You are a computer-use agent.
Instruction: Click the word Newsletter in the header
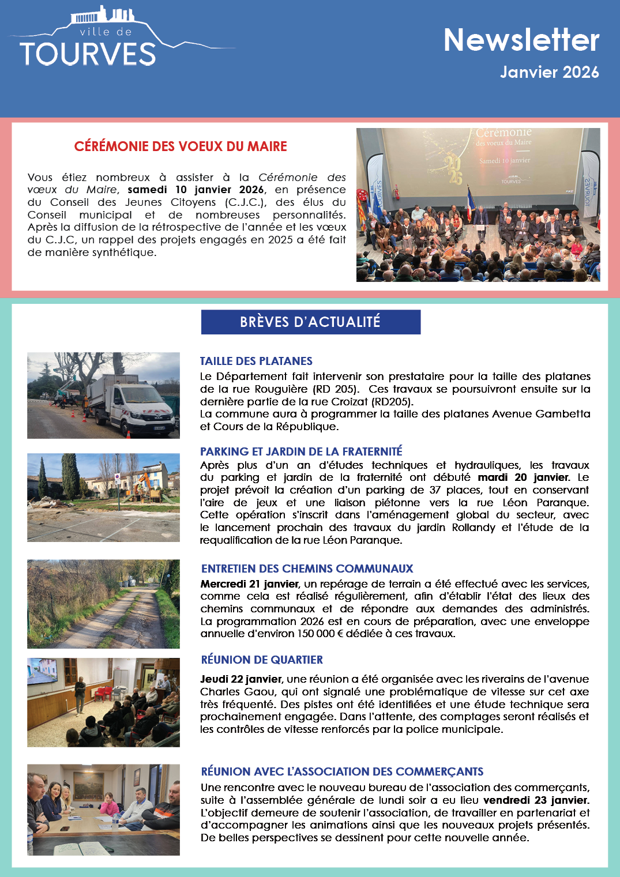coord(521,40)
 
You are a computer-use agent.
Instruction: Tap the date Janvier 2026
coord(549,72)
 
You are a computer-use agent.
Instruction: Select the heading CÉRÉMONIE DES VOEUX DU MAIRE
coord(181,146)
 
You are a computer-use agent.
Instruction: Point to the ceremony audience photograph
coord(478,205)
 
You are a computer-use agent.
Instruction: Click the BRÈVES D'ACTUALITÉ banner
coord(310,322)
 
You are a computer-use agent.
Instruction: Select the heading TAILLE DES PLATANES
coord(256,361)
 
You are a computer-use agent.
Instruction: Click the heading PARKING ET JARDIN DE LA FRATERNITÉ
coord(301,451)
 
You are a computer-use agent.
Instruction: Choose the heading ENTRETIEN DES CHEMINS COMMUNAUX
coord(307,569)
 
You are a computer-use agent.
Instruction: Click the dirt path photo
coord(103,604)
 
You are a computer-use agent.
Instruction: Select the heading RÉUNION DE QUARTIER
coord(262,660)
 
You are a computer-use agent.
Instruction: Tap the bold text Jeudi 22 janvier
coord(241,679)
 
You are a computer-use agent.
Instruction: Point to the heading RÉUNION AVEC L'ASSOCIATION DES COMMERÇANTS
coord(342,771)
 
